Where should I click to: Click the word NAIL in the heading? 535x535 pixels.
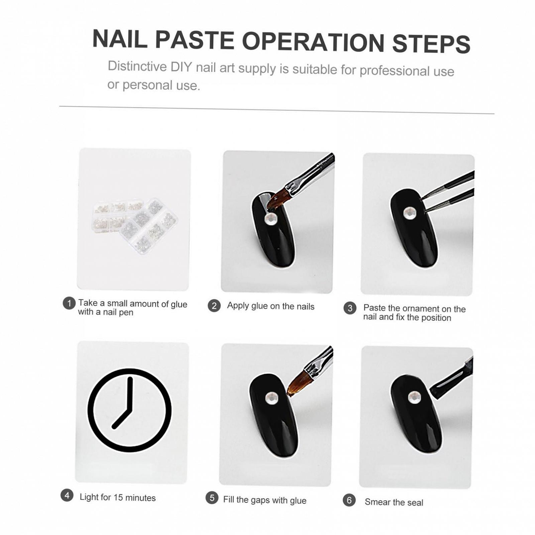(119, 39)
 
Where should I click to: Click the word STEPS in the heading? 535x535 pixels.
(431, 43)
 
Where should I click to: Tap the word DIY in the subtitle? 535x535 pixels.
(181, 67)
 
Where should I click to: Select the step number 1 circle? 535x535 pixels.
(69, 304)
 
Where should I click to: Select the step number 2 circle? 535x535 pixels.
(214, 306)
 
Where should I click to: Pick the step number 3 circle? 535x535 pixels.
(350, 308)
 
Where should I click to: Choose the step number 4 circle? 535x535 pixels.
(67, 495)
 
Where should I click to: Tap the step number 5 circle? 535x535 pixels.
(212, 498)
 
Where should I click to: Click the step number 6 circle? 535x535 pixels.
(349, 500)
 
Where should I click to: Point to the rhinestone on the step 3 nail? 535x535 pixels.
(410, 213)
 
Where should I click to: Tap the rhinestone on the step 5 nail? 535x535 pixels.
(271, 398)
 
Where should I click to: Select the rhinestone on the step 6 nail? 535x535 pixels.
(415, 397)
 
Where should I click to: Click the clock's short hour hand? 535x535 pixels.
(121, 419)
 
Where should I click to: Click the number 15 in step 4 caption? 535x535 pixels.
(118, 498)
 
